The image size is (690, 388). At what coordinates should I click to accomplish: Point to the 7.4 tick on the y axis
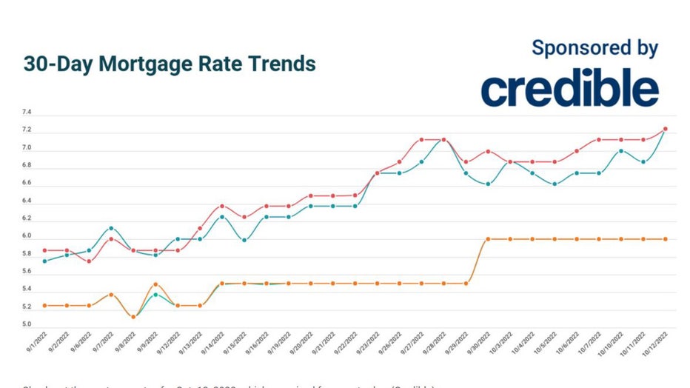27,113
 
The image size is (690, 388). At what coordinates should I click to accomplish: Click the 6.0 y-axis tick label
27,236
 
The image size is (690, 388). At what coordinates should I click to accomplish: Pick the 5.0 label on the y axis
27,325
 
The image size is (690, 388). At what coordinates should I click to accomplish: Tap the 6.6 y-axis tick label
27,183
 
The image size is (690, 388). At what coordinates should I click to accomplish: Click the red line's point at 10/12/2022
666,129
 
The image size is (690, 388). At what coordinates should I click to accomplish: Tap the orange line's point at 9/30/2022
488,239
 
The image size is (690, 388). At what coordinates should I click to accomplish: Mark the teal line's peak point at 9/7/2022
111,228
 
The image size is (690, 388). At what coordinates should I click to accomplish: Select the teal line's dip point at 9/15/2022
244,240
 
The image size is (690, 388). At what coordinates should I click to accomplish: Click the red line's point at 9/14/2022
222,206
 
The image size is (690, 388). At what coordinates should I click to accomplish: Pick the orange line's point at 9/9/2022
155,284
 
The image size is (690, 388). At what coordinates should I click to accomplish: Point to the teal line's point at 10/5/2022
555,184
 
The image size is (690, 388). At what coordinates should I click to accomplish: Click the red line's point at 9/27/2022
421,139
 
